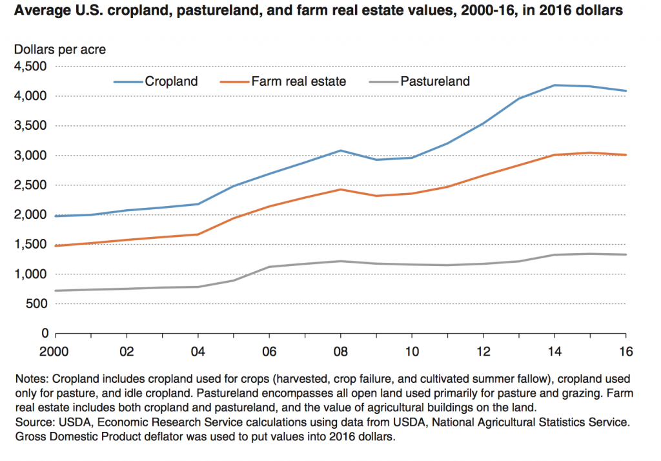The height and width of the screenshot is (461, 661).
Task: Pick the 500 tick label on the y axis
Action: [36, 304]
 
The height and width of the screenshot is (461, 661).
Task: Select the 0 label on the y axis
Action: [45, 334]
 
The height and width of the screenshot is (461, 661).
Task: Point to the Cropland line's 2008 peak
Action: [341, 150]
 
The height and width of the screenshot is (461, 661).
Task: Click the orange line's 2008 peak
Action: [341, 189]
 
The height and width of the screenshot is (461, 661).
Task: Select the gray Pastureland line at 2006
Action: [270, 267]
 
